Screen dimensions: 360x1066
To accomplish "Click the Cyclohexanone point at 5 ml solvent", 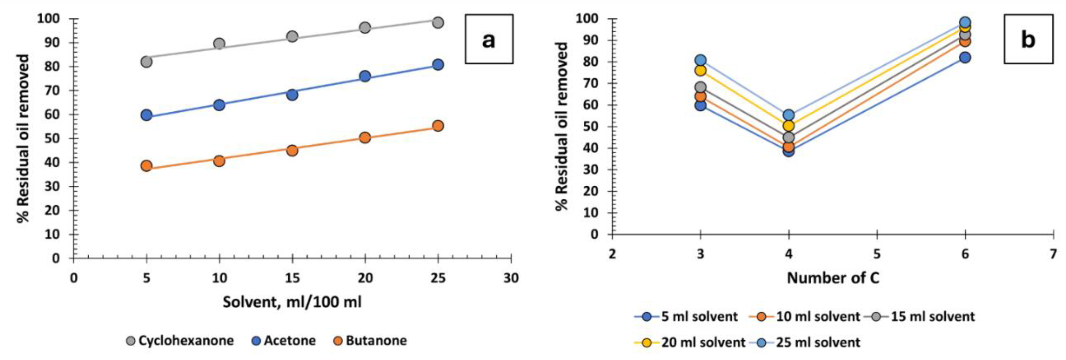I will point(146,62).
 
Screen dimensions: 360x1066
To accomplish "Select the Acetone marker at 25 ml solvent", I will point(438,64).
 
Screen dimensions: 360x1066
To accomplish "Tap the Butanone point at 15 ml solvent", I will point(292,150).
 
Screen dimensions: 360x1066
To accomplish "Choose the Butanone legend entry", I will point(370,341).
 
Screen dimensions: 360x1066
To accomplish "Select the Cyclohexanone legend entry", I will point(180,341).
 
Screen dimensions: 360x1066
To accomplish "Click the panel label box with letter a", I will point(489,39).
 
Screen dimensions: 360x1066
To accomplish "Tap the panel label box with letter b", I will point(1028,39).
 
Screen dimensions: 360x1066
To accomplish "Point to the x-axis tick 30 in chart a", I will point(511,278).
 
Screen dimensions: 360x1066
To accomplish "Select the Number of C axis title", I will point(832,278).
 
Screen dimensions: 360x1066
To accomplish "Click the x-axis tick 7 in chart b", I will point(1054,254).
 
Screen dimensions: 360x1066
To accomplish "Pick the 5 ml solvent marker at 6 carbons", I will point(965,57).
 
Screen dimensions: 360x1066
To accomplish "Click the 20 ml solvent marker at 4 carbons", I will point(789,125).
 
